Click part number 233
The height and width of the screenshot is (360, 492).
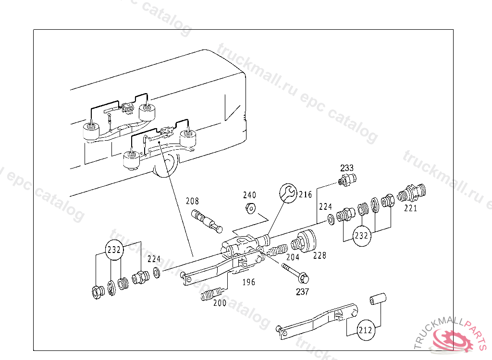pyautogui.click(x=347, y=168)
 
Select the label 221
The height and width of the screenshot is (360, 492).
pyautogui.click(x=410, y=208)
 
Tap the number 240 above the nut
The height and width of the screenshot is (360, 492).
pyautogui.click(x=249, y=195)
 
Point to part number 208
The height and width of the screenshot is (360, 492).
pyautogui.click(x=192, y=201)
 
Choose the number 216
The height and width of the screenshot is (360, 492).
pyautogui.click(x=305, y=194)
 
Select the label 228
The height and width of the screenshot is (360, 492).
pyautogui.click(x=320, y=255)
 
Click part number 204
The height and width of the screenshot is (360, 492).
pyautogui.click(x=293, y=257)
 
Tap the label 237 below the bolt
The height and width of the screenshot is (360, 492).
pyautogui.click(x=302, y=291)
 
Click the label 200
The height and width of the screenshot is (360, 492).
pyautogui.click(x=220, y=303)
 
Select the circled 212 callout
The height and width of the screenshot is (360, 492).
pyautogui.click(x=365, y=330)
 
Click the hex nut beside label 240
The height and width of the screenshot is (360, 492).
pyautogui.click(x=250, y=208)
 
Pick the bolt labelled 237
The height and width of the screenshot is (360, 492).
pyautogui.click(x=295, y=273)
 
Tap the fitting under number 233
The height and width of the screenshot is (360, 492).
pyautogui.click(x=347, y=181)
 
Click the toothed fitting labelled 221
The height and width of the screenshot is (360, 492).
pyautogui.click(x=412, y=192)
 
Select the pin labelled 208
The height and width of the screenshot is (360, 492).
pyautogui.click(x=207, y=220)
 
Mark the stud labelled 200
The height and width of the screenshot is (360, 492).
pyautogui.click(x=211, y=294)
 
